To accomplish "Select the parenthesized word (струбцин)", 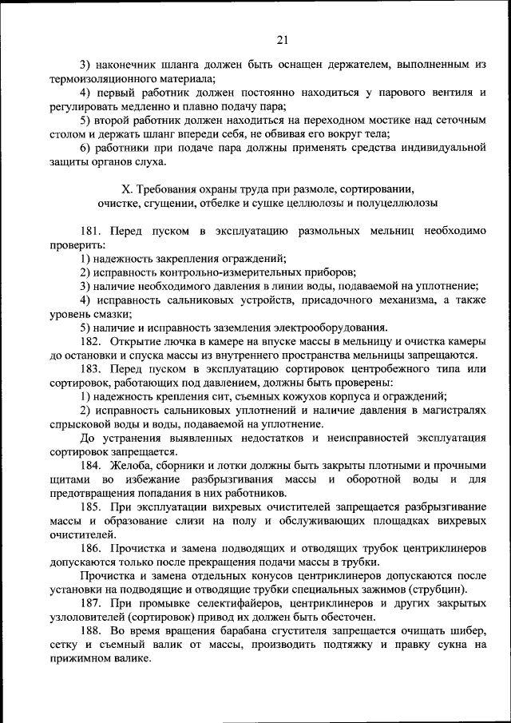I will [x=438, y=590].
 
